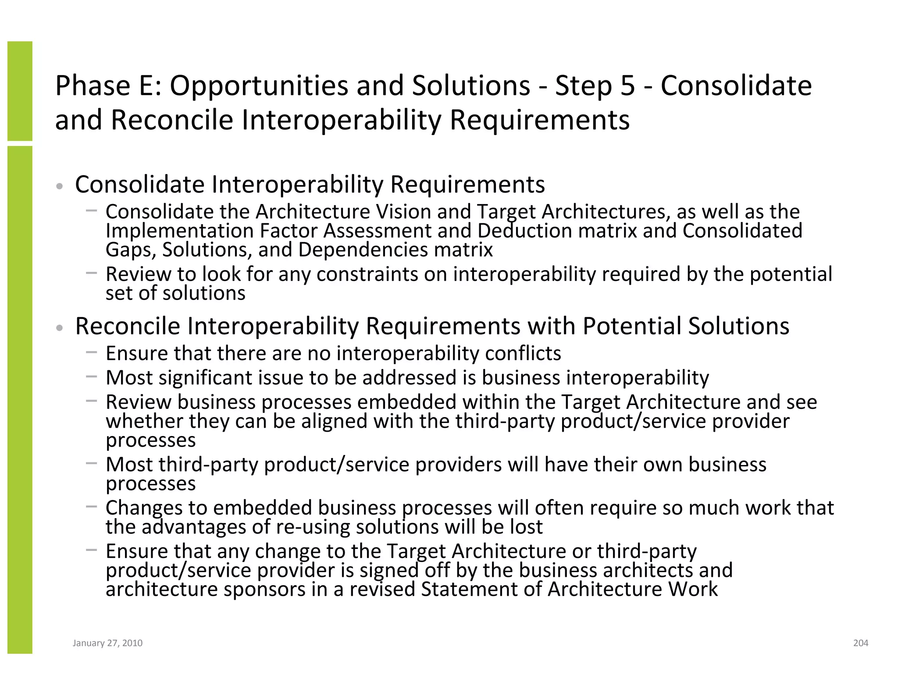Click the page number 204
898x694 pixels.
pyautogui.click(x=860, y=643)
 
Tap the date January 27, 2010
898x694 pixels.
pyautogui.click(x=107, y=643)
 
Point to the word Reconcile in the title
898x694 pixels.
pyautogui.click(x=172, y=120)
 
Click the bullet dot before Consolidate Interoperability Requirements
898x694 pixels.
pyautogui.click(x=60, y=186)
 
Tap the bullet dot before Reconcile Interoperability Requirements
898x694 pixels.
pyautogui.click(x=60, y=328)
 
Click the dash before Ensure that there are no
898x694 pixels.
pyautogui.click(x=91, y=352)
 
